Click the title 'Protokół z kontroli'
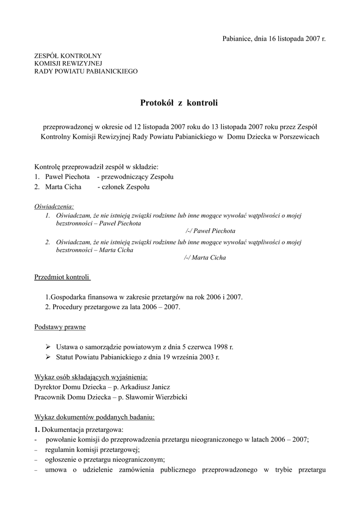(x=180, y=103)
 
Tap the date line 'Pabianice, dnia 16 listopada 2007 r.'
(x=274, y=38)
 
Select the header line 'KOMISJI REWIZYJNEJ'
(x=68, y=63)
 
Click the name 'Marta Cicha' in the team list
(x=63, y=187)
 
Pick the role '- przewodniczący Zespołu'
(x=135, y=177)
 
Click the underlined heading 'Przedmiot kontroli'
(x=62, y=277)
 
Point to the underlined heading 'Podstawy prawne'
(x=60, y=327)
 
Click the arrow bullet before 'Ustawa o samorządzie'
(x=48, y=347)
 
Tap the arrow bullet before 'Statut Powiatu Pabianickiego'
(x=48, y=357)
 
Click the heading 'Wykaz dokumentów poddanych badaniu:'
(x=94, y=417)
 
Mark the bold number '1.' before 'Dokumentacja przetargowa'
(x=37, y=429)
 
